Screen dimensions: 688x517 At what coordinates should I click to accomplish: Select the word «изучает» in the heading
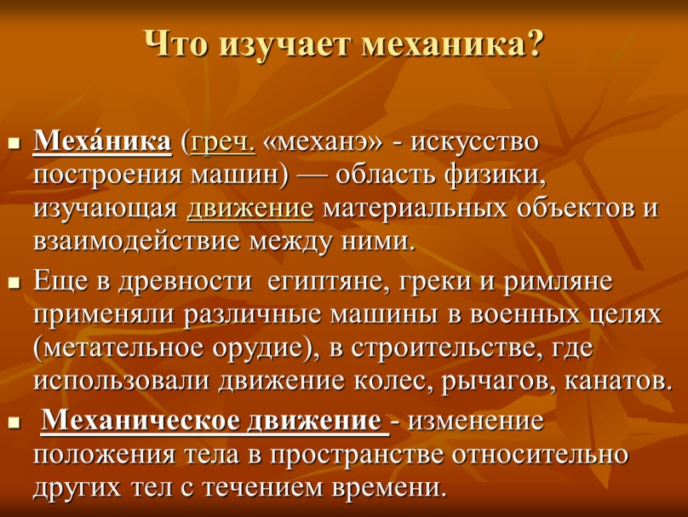[x=284, y=46]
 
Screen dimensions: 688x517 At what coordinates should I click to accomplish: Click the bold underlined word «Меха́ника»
[x=102, y=141]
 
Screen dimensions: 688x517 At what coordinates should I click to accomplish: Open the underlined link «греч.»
[x=222, y=143]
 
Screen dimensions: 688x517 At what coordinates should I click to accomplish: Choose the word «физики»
[x=495, y=176]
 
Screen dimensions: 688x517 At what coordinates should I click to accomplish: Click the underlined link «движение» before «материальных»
[x=250, y=209]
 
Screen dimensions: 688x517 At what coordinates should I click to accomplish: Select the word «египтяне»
[x=328, y=283]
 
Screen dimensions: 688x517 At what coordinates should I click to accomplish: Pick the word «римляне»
[x=557, y=283]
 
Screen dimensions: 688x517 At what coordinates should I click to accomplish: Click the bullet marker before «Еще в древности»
[x=14, y=284]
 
